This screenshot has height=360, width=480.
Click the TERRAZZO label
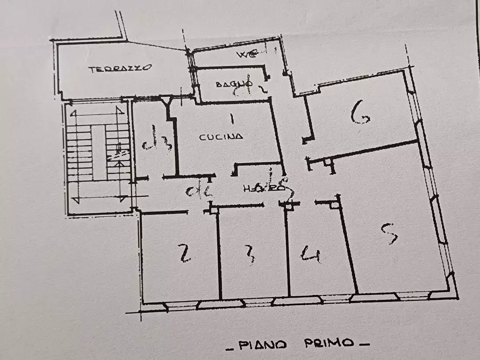click(x=120, y=68)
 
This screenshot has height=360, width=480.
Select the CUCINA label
click(x=221, y=136)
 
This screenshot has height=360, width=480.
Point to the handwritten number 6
click(x=360, y=113)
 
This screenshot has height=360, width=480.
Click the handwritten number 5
click(x=389, y=233)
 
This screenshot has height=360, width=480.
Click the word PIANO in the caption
click(x=261, y=343)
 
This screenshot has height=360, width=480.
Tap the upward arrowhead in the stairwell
click(x=74, y=114)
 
